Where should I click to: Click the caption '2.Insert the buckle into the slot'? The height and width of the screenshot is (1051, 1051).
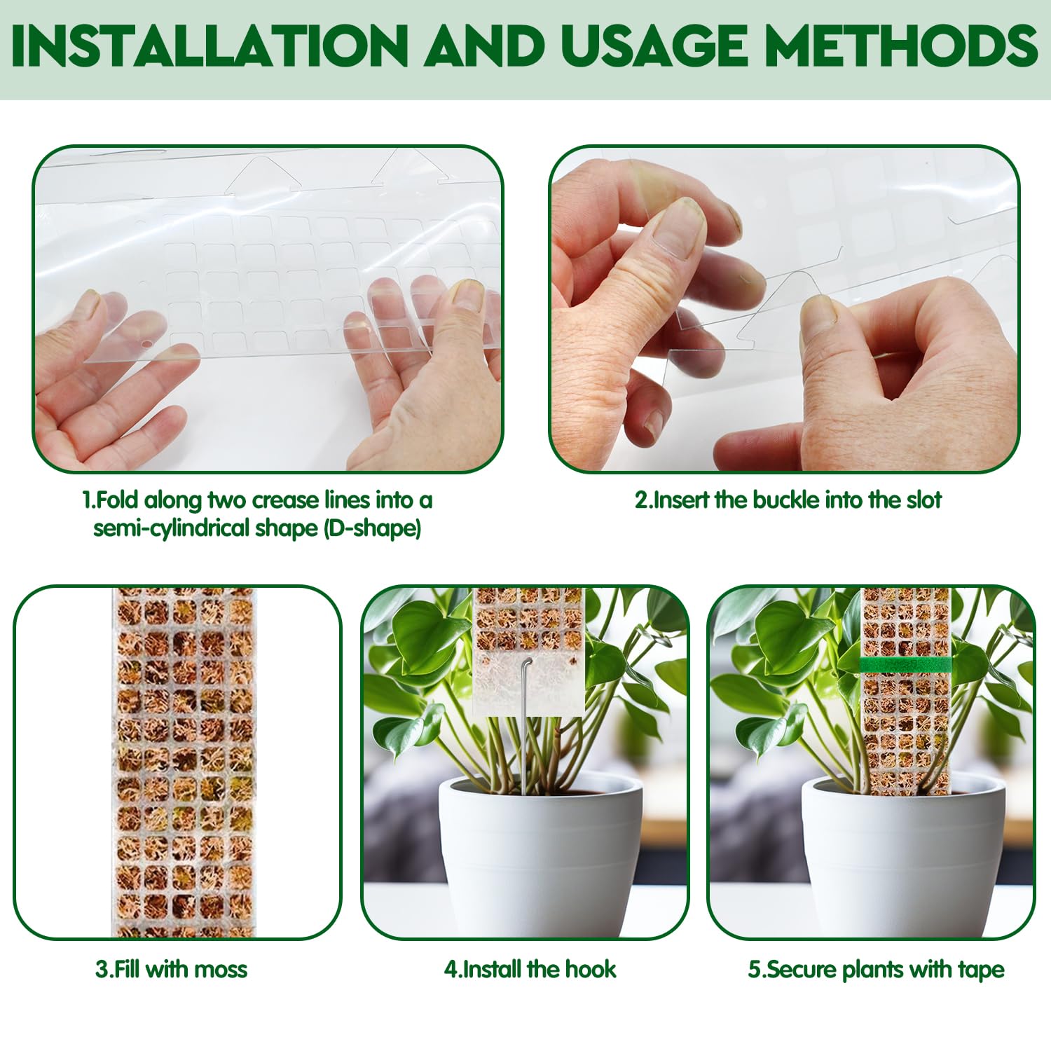tap(788, 500)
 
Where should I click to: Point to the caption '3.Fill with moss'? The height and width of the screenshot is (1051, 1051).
tap(172, 969)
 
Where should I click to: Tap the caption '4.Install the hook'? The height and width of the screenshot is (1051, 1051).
tap(530, 969)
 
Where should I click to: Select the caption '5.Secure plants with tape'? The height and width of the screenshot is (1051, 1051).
tap(876, 969)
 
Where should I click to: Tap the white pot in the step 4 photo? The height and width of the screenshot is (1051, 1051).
tap(541, 851)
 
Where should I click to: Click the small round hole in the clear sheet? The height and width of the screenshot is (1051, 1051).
tap(146, 345)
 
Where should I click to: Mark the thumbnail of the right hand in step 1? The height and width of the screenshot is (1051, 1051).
tap(467, 295)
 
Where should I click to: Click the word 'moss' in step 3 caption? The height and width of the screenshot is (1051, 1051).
tap(221, 970)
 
